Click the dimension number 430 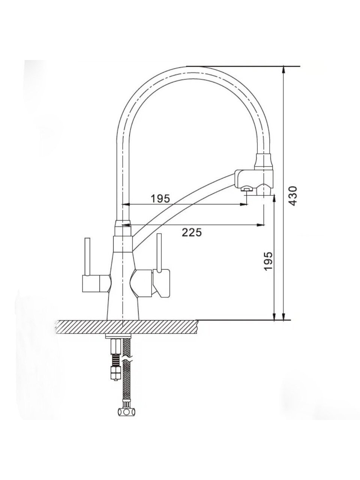click(x=292, y=196)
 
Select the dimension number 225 click(x=192, y=232)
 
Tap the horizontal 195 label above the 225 click(x=160, y=198)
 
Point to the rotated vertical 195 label click(x=268, y=261)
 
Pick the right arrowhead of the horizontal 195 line click(x=243, y=204)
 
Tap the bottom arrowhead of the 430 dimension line click(x=284, y=316)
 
